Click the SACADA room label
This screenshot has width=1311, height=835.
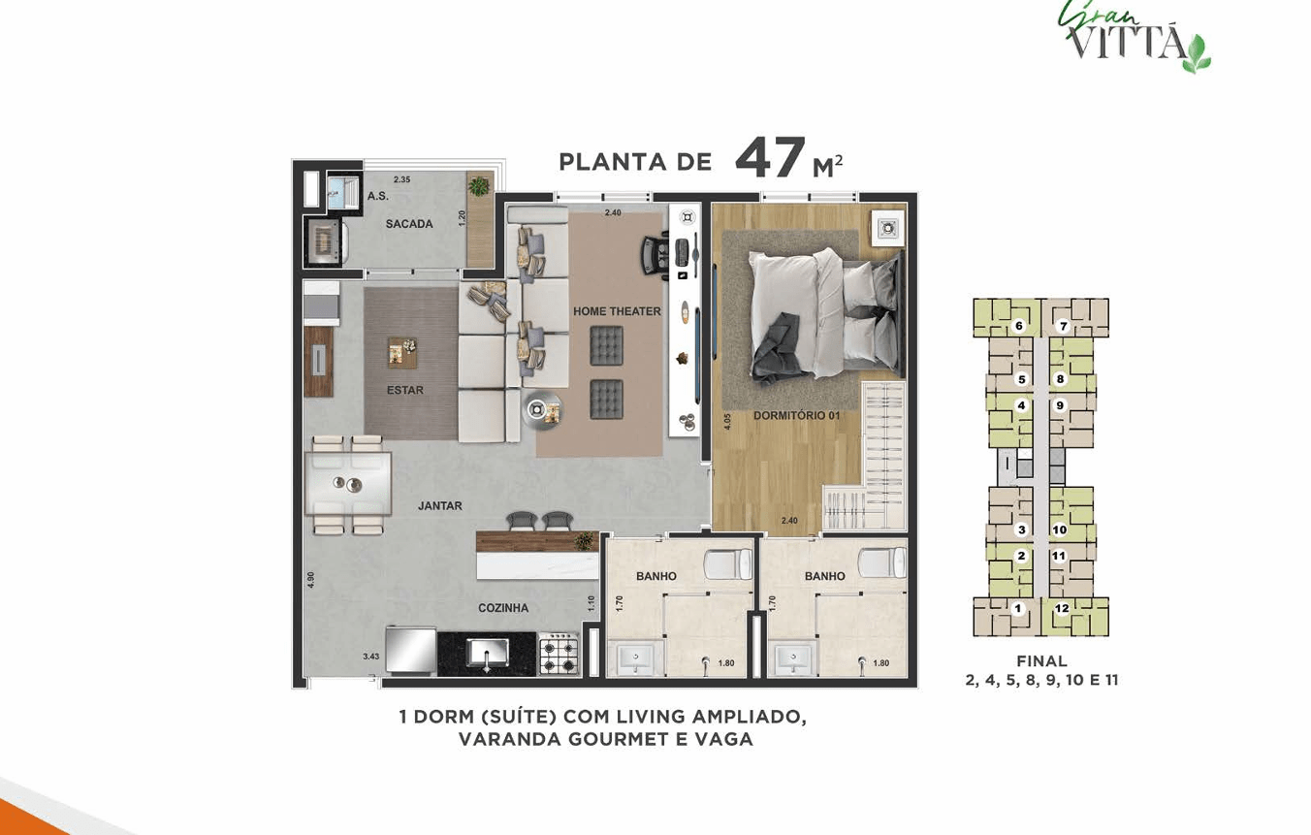click(x=409, y=223)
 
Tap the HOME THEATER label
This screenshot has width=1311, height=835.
click(x=617, y=311)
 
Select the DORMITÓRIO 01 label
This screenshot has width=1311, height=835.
click(x=796, y=415)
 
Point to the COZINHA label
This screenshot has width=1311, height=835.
click(x=503, y=608)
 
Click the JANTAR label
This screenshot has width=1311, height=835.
click(x=440, y=505)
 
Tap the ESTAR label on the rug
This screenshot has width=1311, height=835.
click(x=405, y=390)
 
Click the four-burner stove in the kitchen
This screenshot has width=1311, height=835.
click(x=559, y=655)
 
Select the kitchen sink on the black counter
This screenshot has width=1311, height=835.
click(x=487, y=654)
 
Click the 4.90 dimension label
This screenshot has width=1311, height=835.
click(x=310, y=580)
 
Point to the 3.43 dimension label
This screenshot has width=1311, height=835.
click(x=371, y=657)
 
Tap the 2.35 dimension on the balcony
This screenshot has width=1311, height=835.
click(x=402, y=179)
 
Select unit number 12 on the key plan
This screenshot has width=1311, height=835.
click(x=1062, y=608)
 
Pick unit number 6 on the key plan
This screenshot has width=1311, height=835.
click(x=1019, y=326)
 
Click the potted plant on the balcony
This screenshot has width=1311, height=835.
click(x=479, y=186)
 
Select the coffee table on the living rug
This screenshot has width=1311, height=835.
click(x=402, y=353)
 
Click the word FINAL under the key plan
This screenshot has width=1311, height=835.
click(x=1041, y=661)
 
